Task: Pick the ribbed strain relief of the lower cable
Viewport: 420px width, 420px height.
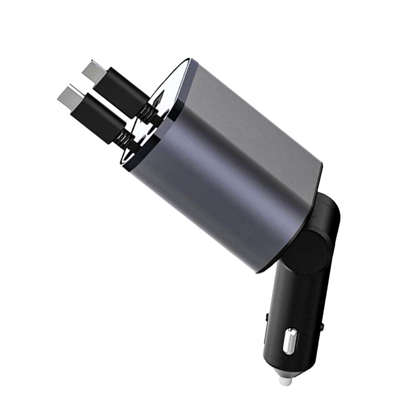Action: (x=122, y=138)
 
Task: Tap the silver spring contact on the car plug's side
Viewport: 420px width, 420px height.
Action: (x=290, y=341)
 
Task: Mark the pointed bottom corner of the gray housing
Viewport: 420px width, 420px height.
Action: (x=261, y=271)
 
